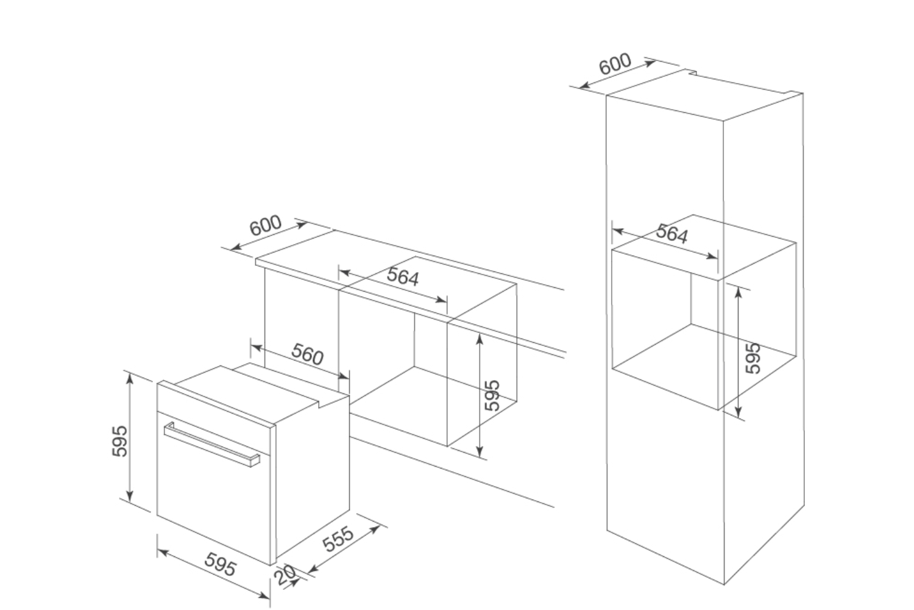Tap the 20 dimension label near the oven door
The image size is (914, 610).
(x=285, y=574)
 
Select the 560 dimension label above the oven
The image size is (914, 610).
(x=308, y=354)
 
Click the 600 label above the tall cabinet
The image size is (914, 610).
(x=615, y=65)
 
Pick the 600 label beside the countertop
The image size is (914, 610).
(x=266, y=226)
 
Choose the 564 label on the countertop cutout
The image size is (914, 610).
(x=403, y=277)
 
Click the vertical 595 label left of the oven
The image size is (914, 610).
(x=120, y=440)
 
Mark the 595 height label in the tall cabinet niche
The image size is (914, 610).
(x=754, y=357)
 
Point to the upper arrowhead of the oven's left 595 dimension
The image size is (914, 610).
(x=130, y=377)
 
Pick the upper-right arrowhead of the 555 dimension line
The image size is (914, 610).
(x=376, y=528)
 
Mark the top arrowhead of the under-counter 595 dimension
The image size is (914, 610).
(x=480, y=337)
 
